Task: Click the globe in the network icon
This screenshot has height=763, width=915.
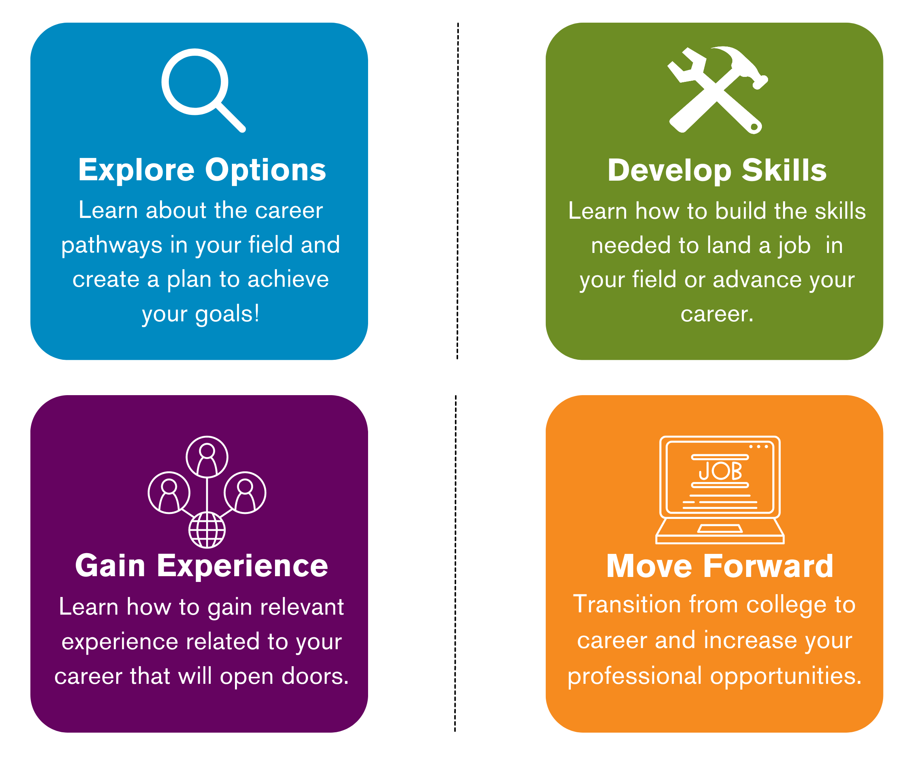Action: pyautogui.click(x=207, y=530)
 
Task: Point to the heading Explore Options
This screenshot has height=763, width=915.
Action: pyautogui.click(x=202, y=170)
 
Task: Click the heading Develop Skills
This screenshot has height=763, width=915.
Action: pyautogui.click(x=717, y=170)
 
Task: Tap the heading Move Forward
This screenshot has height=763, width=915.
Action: pyautogui.click(x=719, y=566)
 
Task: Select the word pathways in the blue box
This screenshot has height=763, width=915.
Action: pyautogui.click(x=112, y=245)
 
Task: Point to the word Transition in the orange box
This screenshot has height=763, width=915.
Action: pyautogui.click(x=620, y=605)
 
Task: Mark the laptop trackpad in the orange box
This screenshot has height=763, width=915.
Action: pyautogui.click(x=720, y=529)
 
